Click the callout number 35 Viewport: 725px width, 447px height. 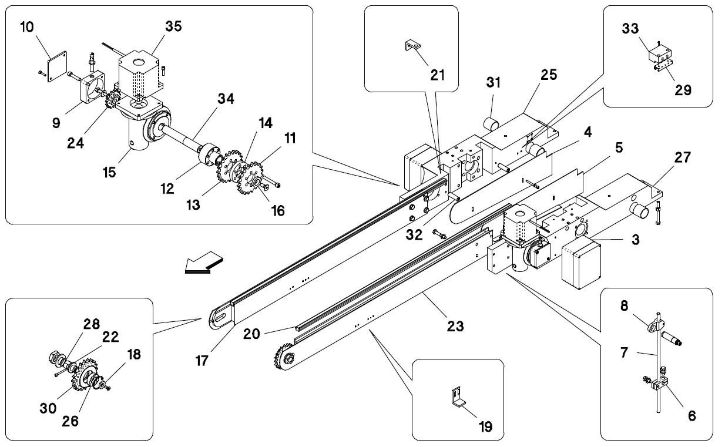point(173,26)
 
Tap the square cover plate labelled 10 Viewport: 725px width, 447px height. point(58,67)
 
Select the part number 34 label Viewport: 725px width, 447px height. point(226,99)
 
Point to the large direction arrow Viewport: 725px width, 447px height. point(204,262)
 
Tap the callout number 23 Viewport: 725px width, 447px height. point(455,326)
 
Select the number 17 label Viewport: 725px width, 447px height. point(202,361)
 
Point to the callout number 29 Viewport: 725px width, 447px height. point(683,90)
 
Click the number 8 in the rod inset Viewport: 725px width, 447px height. point(625,305)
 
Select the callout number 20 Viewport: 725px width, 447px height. point(251,334)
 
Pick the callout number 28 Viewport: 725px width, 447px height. point(92,324)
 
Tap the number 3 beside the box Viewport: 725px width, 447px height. point(635,240)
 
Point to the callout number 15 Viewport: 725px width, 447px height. point(109,173)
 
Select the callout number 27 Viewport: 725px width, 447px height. point(683,157)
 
